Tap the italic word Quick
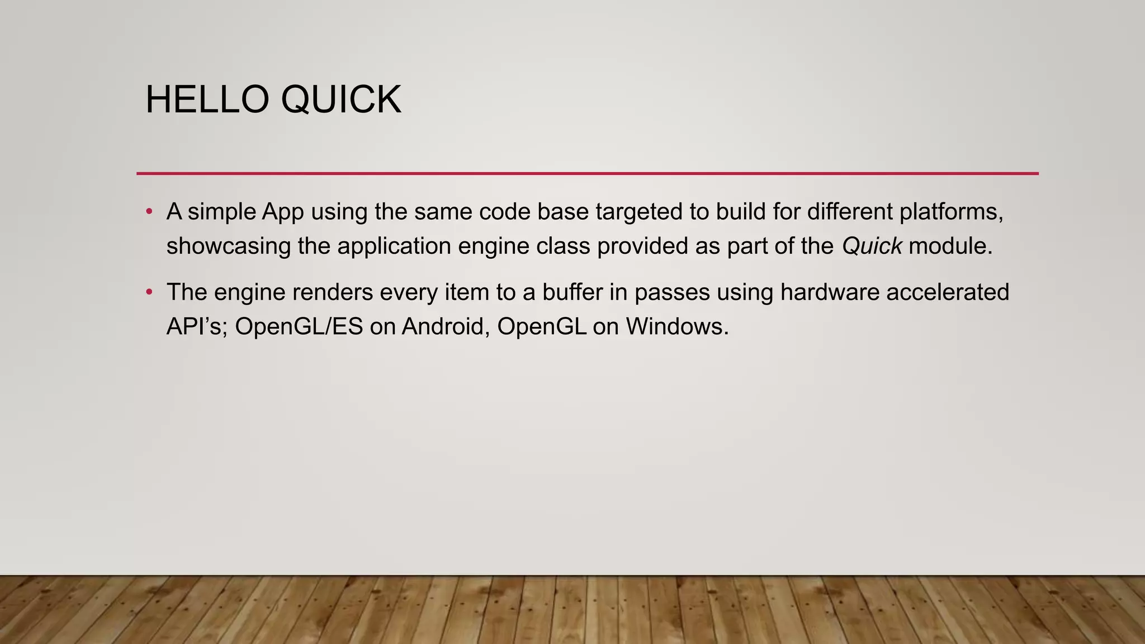tap(872, 246)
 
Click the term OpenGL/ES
tap(299, 326)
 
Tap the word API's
tap(194, 326)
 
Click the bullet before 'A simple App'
tap(149, 212)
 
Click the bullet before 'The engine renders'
tap(149, 292)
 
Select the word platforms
tap(950, 212)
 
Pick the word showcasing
tap(228, 246)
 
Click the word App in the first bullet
tap(283, 212)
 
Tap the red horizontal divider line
tap(587, 173)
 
